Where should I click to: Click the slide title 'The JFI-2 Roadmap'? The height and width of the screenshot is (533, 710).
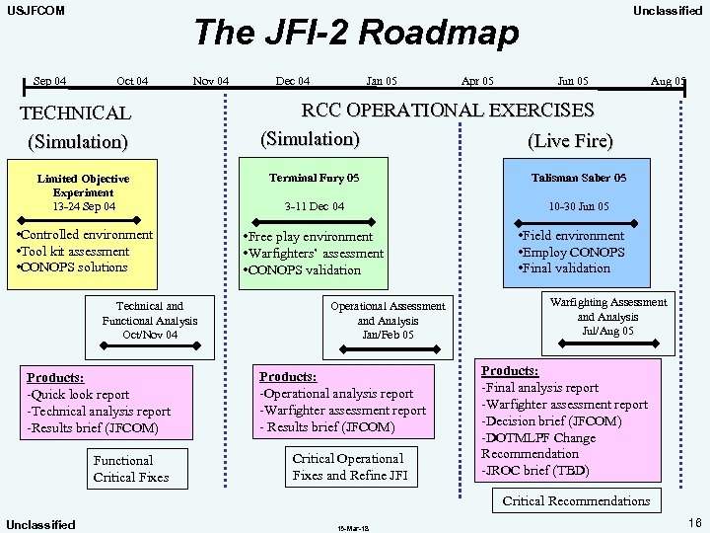[356, 33]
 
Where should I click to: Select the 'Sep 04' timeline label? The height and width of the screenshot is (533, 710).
[50, 81]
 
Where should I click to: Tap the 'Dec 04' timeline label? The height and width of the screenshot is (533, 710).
[292, 81]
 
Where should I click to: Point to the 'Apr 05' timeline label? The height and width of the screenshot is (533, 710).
[478, 81]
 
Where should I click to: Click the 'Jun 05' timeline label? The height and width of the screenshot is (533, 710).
[573, 81]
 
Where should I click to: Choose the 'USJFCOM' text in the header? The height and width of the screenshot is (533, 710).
[36, 11]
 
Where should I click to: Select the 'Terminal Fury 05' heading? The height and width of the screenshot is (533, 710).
[315, 179]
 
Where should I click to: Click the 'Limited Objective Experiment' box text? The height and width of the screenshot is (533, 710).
[84, 186]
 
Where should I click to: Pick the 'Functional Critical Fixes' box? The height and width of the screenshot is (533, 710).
[130, 469]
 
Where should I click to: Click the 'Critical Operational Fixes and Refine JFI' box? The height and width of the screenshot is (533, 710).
[348, 467]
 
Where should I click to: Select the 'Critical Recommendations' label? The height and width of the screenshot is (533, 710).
[576, 500]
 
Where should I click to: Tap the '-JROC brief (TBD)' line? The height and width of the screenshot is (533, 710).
[534, 471]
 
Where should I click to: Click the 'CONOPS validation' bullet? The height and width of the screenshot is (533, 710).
[305, 270]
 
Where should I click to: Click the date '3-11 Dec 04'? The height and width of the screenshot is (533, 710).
[315, 206]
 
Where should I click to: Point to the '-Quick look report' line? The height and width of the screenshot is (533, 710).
[78, 395]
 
